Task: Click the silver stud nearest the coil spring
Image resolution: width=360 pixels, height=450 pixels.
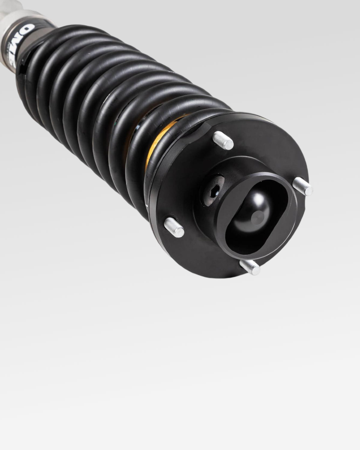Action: (223, 140)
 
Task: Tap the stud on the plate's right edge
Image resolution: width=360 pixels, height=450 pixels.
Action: (303, 186)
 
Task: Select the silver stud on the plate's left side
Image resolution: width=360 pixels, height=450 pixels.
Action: (174, 227)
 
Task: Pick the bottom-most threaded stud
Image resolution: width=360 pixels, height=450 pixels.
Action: (250, 266)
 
